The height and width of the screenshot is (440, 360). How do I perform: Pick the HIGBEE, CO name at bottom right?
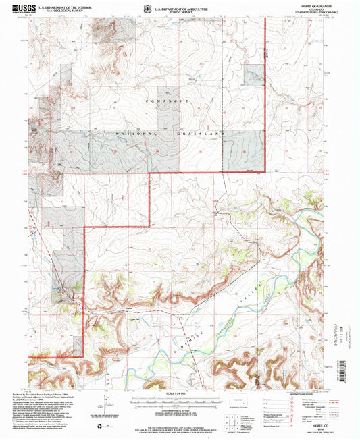click(315, 418)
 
